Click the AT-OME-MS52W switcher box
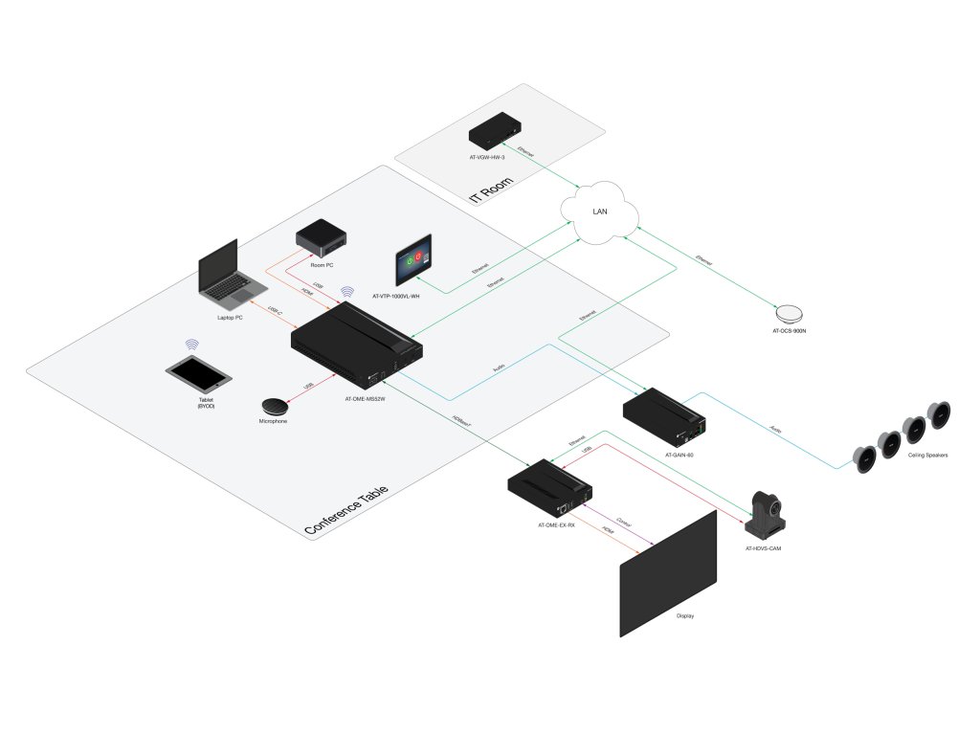pyautogui.click(x=356, y=346)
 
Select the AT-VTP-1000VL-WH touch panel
pyautogui.click(x=413, y=258)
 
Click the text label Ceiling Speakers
pyautogui.click(x=928, y=456)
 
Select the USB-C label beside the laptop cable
pyautogui.click(x=276, y=310)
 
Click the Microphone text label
pyautogui.click(x=273, y=422)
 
